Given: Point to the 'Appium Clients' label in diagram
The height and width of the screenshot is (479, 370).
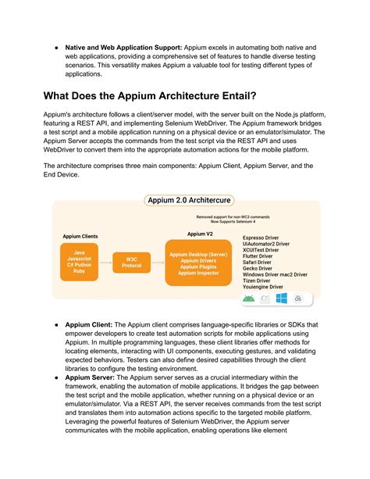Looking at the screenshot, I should tap(80, 235).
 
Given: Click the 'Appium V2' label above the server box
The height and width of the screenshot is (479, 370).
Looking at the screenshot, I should tap(199, 233).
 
